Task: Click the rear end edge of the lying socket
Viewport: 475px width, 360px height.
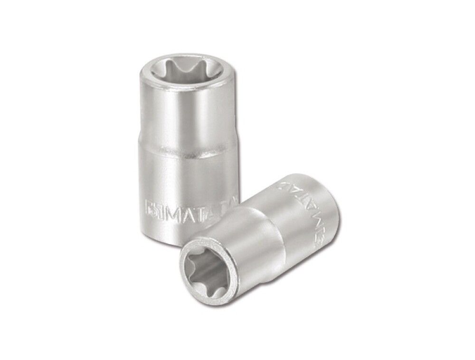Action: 328,199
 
